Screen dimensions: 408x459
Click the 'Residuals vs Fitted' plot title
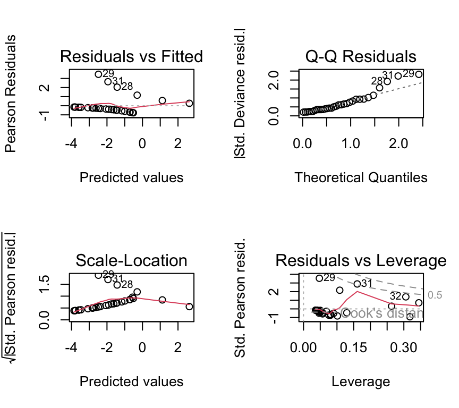click(x=131, y=56)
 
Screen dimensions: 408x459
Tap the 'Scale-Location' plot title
click(x=131, y=260)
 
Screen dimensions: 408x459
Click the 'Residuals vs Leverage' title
click(x=361, y=260)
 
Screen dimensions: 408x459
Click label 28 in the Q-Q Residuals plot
click(x=377, y=81)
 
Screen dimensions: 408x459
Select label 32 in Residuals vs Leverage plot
click(x=396, y=295)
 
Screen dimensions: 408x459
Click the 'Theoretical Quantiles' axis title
click(x=361, y=177)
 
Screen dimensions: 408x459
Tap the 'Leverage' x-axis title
click(x=361, y=381)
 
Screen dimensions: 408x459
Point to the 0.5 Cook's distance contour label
click(x=435, y=295)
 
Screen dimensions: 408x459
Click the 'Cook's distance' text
click(x=381, y=313)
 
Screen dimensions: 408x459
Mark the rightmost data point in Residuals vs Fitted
click(x=189, y=103)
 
